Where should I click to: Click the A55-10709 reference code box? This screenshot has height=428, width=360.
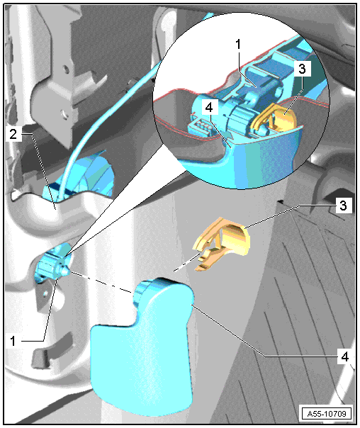click(x=327, y=413)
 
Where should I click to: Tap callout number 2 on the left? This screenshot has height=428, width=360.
click(x=13, y=135)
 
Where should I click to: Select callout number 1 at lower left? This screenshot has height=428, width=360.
click(x=13, y=341)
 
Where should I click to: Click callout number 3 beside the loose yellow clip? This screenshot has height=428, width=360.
click(x=343, y=205)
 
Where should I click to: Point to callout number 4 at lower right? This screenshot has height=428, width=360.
click(x=345, y=356)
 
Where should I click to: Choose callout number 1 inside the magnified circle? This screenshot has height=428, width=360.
click(x=238, y=44)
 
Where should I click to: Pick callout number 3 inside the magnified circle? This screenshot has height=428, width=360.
click(x=302, y=69)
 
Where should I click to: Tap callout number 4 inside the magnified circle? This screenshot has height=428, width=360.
click(x=209, y=108)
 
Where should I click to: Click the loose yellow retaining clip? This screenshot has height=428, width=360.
click(x=221, y=244)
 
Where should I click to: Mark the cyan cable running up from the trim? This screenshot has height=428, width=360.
click(x=109, y=103)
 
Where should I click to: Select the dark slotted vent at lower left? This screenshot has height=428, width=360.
click(x=42, y=357)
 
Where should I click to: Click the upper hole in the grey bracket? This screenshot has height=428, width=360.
click(x=64, y=69)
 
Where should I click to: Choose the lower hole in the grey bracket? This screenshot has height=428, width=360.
click(x=64, y=113)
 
